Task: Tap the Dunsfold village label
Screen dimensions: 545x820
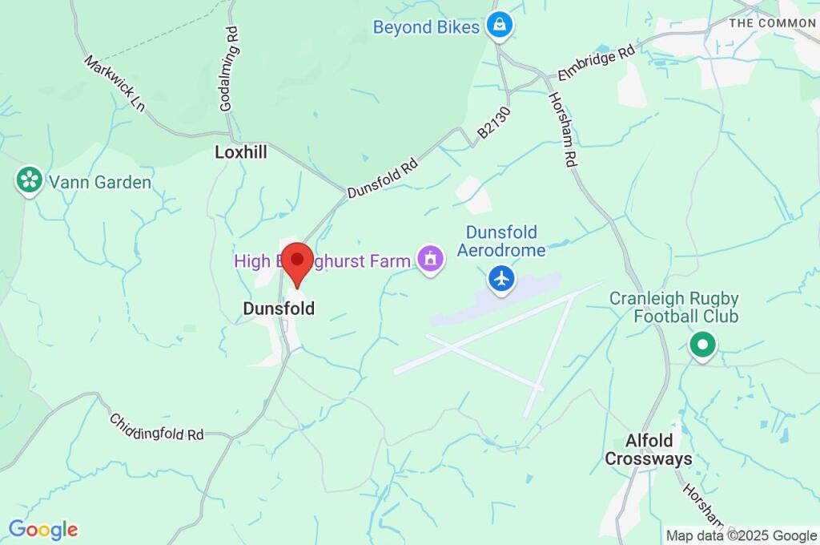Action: click(x=279, y=309)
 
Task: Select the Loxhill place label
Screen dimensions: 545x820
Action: click(x=241, y=151)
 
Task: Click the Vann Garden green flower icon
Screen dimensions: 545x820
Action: click(x=30, y=180)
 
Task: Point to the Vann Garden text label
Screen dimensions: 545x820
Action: click(x=100, y=183)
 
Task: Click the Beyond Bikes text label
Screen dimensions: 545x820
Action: click(x=426, y=27)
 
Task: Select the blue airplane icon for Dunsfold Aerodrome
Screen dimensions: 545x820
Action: click(x=502, y=279)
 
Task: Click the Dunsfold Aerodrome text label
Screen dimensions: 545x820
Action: click(x=506, y=241)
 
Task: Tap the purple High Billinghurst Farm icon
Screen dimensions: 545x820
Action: click(x=431, y=260)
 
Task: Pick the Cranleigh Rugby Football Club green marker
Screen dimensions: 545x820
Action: click(x=703, y=345)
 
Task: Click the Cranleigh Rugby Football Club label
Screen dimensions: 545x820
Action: click(x=674, y=307)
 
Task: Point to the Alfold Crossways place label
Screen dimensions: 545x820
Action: click(x=648, y=450)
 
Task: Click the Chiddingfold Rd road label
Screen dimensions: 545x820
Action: click(x=157, y=428)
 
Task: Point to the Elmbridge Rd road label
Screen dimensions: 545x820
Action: click(x=597, y=61)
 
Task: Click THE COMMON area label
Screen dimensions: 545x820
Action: click(x=772, y=23)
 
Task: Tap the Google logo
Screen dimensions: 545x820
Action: click(x=43, y=530)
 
